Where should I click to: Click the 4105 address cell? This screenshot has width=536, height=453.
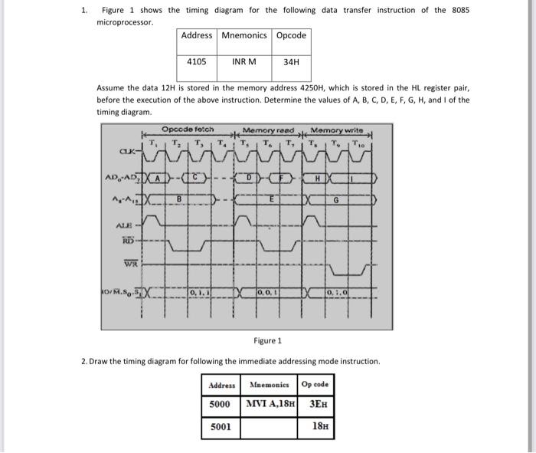tap(197, 61)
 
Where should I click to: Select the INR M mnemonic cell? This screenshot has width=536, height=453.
tap(243, 61)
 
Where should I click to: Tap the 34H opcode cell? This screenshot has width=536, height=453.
tap(291, 61)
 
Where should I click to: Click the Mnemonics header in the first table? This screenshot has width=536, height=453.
tap(243, 35)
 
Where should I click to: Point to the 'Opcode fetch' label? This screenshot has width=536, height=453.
tap(188, 130)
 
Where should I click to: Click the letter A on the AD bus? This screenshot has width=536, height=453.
tap(158, 179)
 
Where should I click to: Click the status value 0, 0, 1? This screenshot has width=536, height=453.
tap(268, 292)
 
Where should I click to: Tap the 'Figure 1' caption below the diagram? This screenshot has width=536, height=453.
tap(267, 340)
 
